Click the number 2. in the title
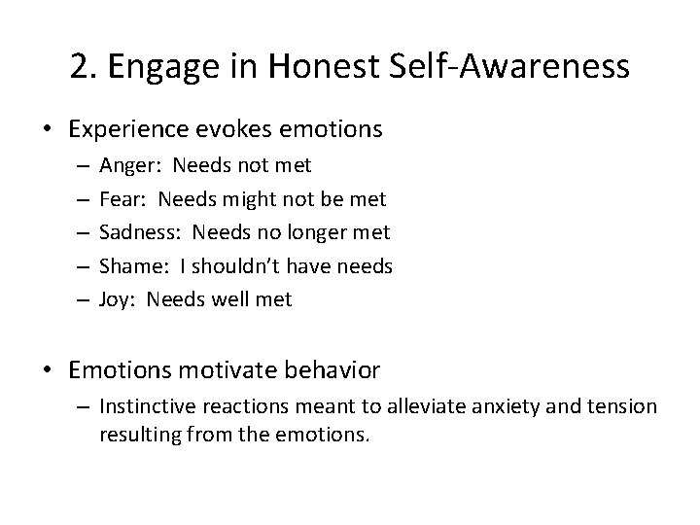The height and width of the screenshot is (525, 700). [x=85, y=67]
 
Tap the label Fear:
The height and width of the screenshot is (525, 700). [x=122, y=199]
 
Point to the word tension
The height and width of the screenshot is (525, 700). [x=615, y=406]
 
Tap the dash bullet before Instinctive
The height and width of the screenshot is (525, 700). [x=85, y=406]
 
